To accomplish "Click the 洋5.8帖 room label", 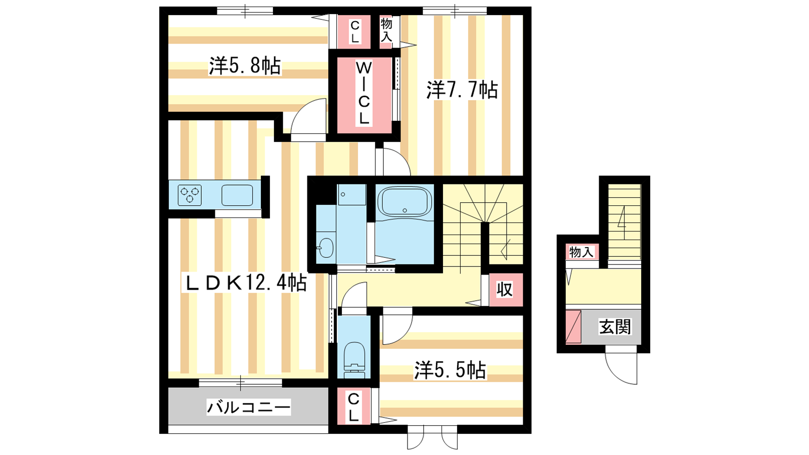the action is click(x=245, y=66).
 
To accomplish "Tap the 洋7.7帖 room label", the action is click(x=462, y=90).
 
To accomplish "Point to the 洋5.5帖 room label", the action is click(x=450, y=370).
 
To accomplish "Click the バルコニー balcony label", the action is click(x=248, y=407).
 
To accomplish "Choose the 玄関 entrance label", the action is click(x=615, y=327).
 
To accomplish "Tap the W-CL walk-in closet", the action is click(x=364, y=94).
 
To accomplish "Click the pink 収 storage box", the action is click(x=506, y=290).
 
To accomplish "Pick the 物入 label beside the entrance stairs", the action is click(x=581, y=252).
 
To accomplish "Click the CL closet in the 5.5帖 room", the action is click(x=354, y=406).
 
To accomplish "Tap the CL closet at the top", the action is click(x=354, y=32).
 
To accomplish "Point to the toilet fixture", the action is click(x=354, y=359).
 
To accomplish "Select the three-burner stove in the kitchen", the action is click(x=190, y=195).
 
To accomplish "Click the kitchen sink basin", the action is click(x=237, y=195).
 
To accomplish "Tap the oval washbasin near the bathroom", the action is click(x=326, y=248).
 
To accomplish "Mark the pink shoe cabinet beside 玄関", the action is click(x=573, y=327).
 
